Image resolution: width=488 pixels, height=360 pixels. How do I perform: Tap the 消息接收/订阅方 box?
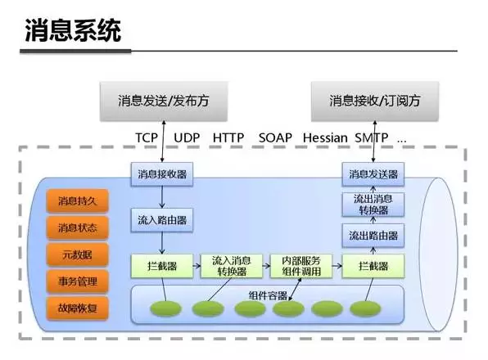point(373,101)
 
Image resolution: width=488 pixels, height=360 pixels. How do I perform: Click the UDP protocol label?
point(190,138)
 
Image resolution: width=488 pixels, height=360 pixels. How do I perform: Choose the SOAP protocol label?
point(274,138)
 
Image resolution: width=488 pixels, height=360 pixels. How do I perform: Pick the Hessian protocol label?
point(325,138)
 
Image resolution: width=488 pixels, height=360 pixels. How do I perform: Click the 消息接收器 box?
point(160,173)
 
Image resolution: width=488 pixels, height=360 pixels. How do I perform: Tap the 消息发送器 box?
point(373,173)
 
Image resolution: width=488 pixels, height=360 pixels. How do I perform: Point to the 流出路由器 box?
point(373,236)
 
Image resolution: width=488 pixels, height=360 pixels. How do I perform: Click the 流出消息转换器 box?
point(373,205)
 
